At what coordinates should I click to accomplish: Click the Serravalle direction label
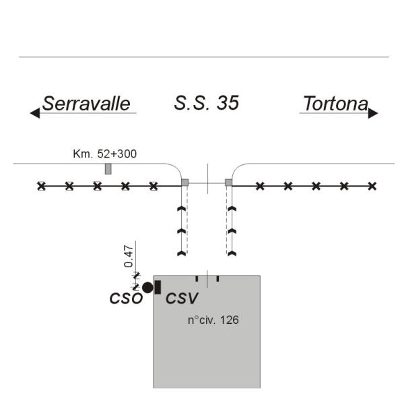coord(86,104)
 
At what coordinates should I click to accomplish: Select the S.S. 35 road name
coord(206,103)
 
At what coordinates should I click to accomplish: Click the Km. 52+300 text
coord(104,154)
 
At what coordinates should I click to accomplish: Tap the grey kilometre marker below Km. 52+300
coord(108,168)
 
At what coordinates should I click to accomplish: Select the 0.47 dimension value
coord(129,257)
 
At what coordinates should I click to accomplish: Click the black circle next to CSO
coord(147,288)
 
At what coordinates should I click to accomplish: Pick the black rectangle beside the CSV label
coord(158,288)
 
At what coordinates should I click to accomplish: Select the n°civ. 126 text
coord(213,320)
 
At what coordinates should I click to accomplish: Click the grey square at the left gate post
coord(185,182)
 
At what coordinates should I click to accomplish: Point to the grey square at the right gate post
coord(229,182)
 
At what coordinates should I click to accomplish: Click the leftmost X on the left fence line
coord(41,185)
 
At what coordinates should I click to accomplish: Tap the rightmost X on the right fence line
coord(372,185)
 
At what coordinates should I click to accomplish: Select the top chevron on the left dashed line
coord(180,210)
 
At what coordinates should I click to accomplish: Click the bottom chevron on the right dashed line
coord(232,253)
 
